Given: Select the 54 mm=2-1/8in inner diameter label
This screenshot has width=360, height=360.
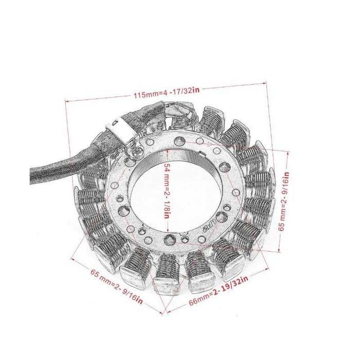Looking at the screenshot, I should (x=167, y=191).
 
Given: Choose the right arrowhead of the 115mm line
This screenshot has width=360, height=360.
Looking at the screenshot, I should (x=265, y=84).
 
